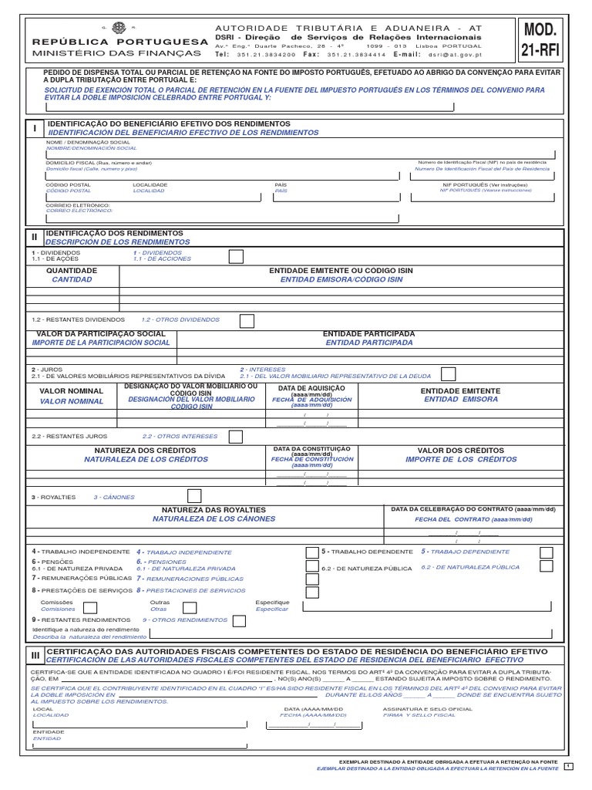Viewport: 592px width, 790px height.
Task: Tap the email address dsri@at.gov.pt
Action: point(462,56)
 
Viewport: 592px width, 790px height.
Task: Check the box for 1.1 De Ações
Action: point(237,256)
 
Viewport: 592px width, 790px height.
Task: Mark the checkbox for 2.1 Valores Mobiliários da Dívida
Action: point(448,373)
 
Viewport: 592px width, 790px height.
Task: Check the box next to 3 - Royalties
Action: point(195,495)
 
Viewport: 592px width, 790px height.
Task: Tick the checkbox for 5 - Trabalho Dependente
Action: point(546,552)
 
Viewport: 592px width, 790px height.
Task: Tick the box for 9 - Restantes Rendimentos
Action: point(240,620)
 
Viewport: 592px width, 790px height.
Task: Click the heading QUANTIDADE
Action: point(72,272)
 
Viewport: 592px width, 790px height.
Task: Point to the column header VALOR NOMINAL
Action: point(72,391)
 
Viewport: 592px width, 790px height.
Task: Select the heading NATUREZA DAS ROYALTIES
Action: point(213,511)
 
